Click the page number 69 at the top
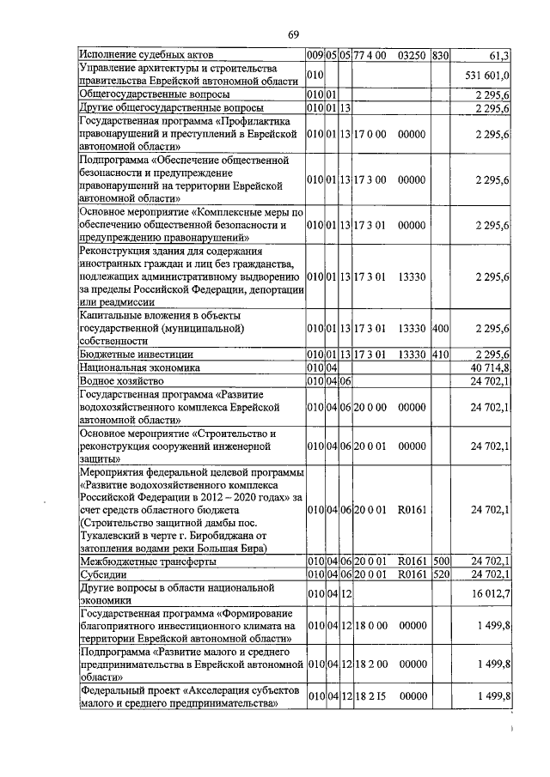(293, 33)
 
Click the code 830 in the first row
(441, 56)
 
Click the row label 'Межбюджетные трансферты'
(147, 562)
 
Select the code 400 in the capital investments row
(441, 328)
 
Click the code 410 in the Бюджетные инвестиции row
(441, 354)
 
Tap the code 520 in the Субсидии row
(441, 574)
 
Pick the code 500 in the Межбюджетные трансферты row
(441, 562)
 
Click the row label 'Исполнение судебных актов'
(146, 56)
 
